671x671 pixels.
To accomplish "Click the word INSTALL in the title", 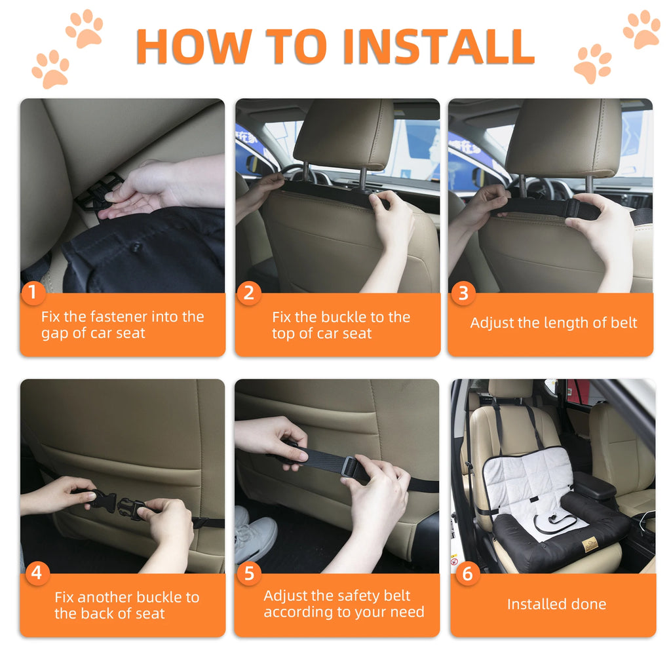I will point(438,46).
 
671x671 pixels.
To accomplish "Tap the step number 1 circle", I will point(33,293).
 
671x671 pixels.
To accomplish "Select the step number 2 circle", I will point(248,293).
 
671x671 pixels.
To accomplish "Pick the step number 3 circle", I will point(463,293).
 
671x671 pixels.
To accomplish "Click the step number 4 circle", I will point(35,573).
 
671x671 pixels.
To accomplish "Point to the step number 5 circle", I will point(248,573).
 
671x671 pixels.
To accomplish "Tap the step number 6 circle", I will point(467,573).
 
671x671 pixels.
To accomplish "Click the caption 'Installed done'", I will point(556,604).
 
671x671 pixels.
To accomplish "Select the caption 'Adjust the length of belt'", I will point(553,323).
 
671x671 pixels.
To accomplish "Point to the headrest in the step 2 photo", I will point(343,134).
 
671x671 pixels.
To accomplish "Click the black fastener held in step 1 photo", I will point(98,193).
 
